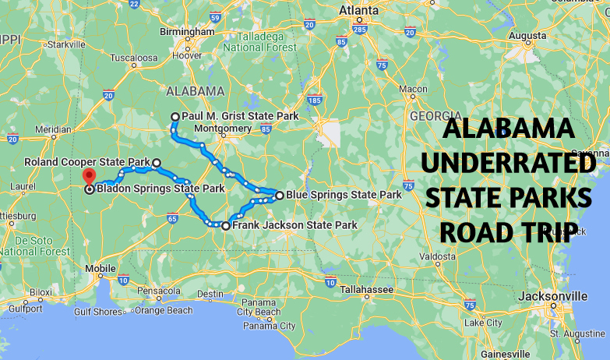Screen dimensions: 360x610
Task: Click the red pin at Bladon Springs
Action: tap(88, 177)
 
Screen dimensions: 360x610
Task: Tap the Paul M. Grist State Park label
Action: tap(240, 116)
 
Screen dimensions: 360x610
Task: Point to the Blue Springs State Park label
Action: tap(344, 195)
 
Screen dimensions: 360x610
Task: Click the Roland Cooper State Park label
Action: tap(86, 163)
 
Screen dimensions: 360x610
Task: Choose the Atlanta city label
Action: tap(358, 11)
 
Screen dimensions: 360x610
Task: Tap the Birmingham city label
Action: tap(186, 31)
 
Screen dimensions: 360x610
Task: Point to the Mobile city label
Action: tap(100, 269)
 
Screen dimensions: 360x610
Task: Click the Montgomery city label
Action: tap(223, 129)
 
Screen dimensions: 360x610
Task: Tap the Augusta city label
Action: tap(527, 36)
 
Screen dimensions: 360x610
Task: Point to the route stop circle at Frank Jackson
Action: tap(226, 226)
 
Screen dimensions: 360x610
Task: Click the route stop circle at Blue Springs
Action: tap(279, 195)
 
